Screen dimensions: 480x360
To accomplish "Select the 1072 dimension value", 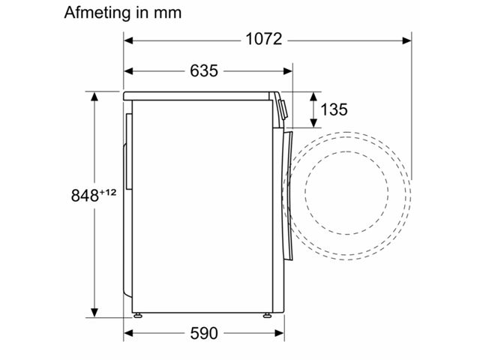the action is (x=264, y=40).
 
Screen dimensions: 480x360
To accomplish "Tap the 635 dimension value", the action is (x=204, y=71).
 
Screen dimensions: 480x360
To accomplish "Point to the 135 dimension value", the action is (x=334, y=109).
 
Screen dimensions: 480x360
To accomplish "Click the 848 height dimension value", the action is (x=85, y=196).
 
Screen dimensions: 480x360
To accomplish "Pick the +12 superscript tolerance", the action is (x=108, y=192).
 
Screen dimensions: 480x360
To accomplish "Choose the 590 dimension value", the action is (x=204, y=333).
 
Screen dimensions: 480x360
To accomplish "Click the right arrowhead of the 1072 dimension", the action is (x=406, y=40).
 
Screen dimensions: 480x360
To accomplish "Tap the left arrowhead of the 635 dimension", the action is (x=128, y=71).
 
